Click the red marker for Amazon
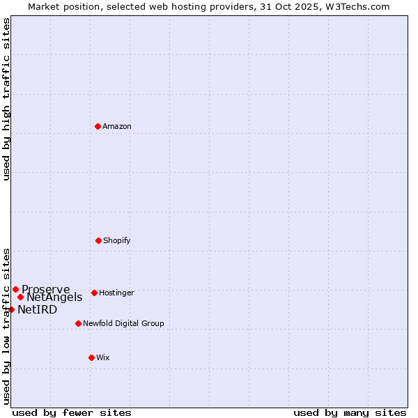click(x=98, y=126)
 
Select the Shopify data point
click(x=98, y=240)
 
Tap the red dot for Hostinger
click(x=94, y=293)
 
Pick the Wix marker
click(x=91, y=357)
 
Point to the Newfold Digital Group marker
click(x=78, y=323)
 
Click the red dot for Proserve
click(x=15, y=289)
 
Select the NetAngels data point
click(x=20, y=297)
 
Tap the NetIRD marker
click(x=11, y=309)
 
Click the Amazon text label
click(x=117, y=126)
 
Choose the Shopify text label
click(x=117, y=240)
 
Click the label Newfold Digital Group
click(x=123, y=323)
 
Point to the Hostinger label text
click(x=116, y=293)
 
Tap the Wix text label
click(x=103, y=357)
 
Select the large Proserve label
click(x=46, y=289)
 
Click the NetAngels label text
click(x=54, y=297)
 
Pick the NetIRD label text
click(x=37, y=309)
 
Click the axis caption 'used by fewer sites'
click(x=72, y=412)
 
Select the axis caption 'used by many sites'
click(x=350, y=412)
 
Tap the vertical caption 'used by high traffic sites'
click(x=6, y=99)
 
